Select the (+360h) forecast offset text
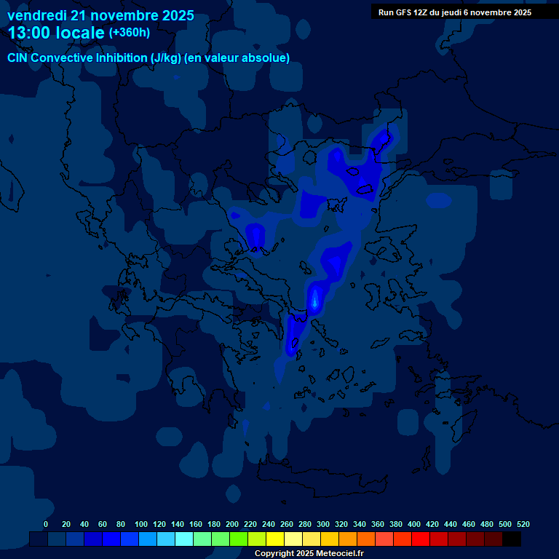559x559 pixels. pos(130,33)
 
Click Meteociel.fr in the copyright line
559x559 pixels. pos(339,554)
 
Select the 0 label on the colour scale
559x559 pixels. pos(46,524)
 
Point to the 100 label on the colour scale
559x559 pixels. pos(141,524)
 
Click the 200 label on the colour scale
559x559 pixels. pos(232,524)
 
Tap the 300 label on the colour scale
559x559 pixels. pos(323,524)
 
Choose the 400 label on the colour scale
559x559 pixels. pos(414,524)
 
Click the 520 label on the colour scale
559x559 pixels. pos(523,524)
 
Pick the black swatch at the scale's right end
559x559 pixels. pos(512,539)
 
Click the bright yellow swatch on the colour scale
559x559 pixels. pos(275,539)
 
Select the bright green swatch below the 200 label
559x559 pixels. pos(239,539)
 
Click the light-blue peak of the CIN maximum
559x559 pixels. pos(315,298)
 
